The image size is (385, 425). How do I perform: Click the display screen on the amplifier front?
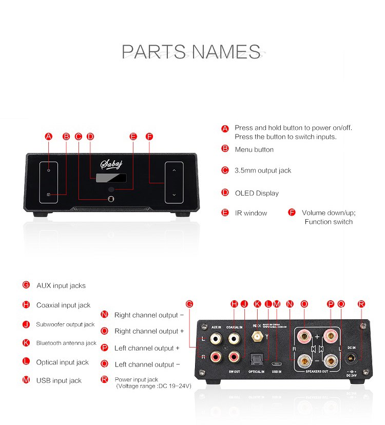coord(110,178)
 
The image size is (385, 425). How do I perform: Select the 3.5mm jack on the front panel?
coord(110,199)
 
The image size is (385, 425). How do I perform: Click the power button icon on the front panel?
coord(48,169)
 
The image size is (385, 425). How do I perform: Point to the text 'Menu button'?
coord(254,149)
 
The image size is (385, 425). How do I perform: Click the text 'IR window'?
coord(251,213)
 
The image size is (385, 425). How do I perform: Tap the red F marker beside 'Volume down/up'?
coord(292,212)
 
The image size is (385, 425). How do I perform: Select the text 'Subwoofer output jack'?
coord(65,324)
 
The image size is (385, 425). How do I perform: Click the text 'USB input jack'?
coord(59,380)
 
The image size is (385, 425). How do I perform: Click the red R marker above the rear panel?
coord(361,304)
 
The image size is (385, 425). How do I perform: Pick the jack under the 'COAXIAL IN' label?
coord(235,338)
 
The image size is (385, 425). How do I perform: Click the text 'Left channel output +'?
coord(147,348)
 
